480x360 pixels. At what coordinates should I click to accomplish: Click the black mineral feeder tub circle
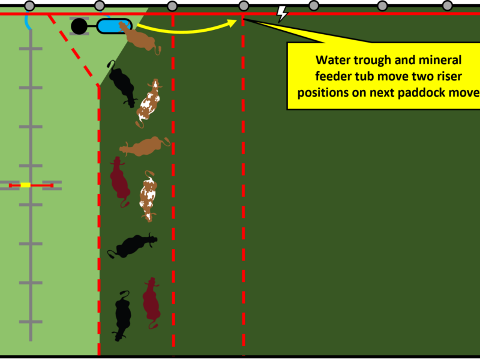pyautogui.click(x=79, y=26)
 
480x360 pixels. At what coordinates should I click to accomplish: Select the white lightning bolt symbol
pyautogui.click(x=281, y=13)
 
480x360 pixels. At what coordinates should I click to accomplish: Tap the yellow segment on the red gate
pyautogui.click(x=26, y=185)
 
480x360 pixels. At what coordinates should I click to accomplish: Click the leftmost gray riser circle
pyautogui.click(x=29, y=6)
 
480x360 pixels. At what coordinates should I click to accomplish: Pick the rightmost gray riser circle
pyautogui.click(x=447, y=5)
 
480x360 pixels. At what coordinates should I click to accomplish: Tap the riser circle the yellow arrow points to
pyautogui.click(x=244, y=6)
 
